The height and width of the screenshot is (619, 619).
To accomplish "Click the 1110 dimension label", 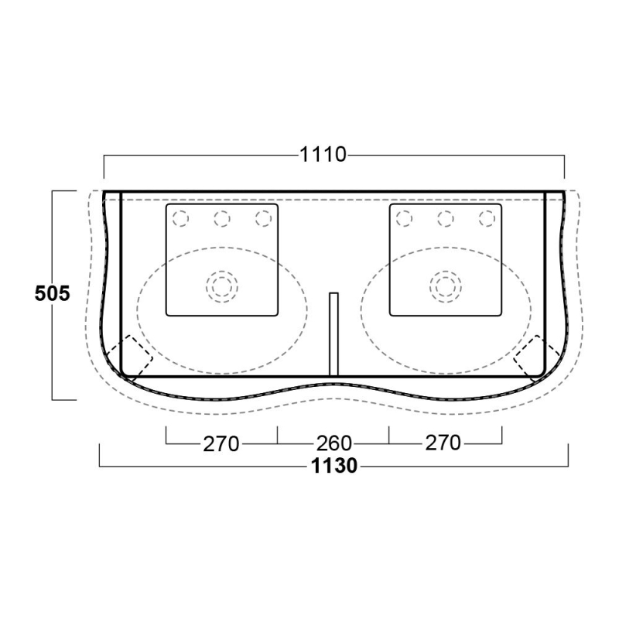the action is (323, 154).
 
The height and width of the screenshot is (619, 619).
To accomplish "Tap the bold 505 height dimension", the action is (52, 293).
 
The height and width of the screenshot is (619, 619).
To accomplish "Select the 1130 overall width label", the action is (334, 466).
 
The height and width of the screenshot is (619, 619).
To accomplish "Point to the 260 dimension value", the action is (333, 443).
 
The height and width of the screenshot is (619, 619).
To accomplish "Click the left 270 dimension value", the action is (221, 443).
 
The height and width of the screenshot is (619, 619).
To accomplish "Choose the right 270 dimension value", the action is (443, 443).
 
